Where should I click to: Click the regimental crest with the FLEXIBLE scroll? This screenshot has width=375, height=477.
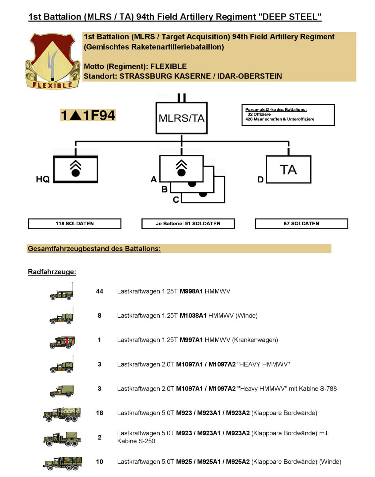coord(53,61)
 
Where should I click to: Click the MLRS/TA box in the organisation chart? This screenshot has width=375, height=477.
coord(182,118)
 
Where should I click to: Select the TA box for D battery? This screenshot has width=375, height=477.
coord(289,169)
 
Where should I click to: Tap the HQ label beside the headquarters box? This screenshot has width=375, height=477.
coord(43,179)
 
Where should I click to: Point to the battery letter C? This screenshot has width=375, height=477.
coord(176,199)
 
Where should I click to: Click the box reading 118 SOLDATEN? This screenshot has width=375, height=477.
coord(75,224)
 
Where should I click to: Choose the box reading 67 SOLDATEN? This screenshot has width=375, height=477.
coord(301,224)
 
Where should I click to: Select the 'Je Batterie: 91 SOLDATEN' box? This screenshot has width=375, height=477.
coord(188,224)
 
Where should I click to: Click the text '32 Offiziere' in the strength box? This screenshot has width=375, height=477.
coord(259,114)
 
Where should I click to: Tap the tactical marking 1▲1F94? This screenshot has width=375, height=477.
coord(88,115)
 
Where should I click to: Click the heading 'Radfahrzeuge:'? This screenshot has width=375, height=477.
coord(52,272)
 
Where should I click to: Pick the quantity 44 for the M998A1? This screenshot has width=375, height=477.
coord(99,291)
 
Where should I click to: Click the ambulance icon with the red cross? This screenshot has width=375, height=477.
coord(62,342)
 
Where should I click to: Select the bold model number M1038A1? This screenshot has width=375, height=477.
coord(193,316)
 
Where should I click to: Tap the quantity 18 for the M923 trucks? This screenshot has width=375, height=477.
coord(99,413)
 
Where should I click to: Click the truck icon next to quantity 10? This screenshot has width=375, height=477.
coord(62,463)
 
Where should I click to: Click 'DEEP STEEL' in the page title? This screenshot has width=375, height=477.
coord(291,17)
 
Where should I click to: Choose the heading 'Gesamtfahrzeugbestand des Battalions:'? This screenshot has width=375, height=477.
coord(94,248)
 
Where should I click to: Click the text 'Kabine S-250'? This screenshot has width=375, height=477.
coord(136,441)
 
